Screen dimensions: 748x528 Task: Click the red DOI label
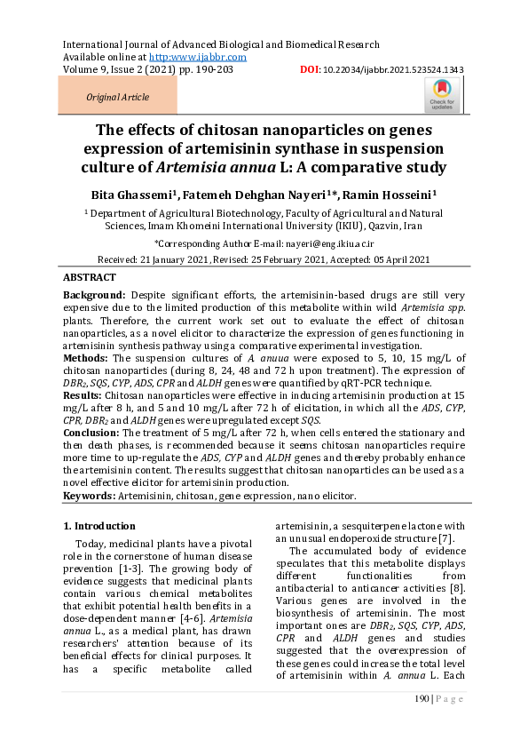point(310,69)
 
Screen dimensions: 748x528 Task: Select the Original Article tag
point(117,97)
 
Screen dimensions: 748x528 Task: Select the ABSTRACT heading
point(90,277)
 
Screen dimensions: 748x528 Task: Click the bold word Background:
point(95,294)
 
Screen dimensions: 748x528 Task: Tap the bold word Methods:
point(86,359)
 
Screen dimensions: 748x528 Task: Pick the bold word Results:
point(83,392)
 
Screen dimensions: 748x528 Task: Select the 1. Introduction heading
point(100,526)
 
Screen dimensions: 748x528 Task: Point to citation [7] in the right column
point(447,539)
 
